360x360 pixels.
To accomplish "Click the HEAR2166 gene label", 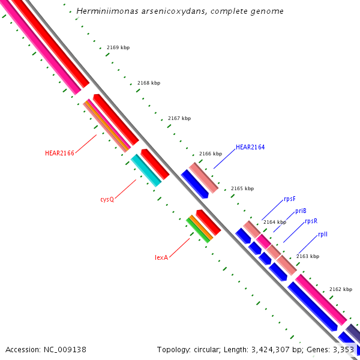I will (59, 153).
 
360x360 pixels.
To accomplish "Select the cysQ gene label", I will (107, 199).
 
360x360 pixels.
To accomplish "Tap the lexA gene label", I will (161, 257).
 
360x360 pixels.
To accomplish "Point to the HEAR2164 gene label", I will (250, 147).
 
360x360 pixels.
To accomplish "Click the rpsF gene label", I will (290, 199).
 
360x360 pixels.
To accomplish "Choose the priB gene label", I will (301, 211).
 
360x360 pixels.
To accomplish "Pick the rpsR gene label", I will (311, 221).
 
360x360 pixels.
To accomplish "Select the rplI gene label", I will (323, 235).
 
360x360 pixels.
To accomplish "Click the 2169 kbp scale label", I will (118, 47).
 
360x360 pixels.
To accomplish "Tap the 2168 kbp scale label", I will (149, 83).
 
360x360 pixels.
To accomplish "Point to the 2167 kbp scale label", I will (179, 118).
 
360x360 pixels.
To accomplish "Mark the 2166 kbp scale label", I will (211, 154).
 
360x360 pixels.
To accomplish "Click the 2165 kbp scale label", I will (242, 188).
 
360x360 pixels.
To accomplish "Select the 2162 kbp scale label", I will (340, 289).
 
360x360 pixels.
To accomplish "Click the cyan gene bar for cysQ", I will (146, 170).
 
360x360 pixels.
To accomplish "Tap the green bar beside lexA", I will (199, 230).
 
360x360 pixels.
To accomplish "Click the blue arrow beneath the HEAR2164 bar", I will (194, 184).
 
